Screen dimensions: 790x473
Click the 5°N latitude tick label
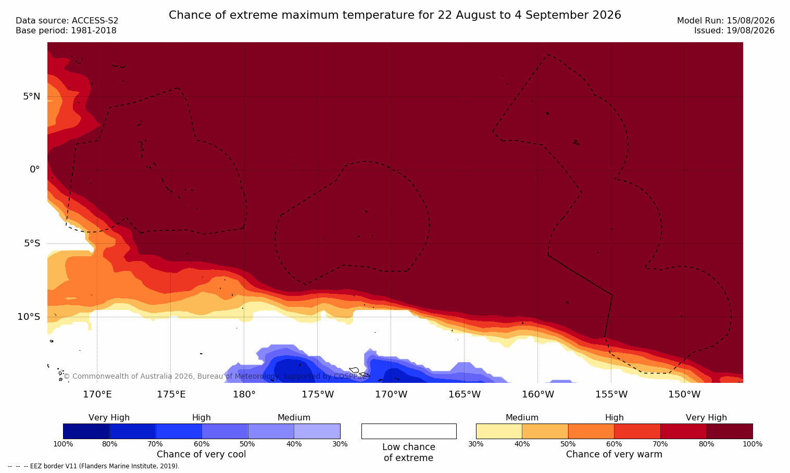pos(32,96)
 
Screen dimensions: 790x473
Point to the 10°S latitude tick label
pos(29,317)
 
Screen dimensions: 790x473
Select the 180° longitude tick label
pos(244,394)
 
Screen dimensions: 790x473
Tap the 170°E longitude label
pos(97,394)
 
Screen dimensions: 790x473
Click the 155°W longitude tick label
pos(611,394)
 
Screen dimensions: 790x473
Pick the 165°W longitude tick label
pos(465,394)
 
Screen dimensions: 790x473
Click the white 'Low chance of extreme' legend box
pos(409,431)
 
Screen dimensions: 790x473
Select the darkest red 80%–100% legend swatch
pos(730,431)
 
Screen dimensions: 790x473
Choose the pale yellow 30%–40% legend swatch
pos(499,431)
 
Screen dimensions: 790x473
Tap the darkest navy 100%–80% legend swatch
pos(86,431)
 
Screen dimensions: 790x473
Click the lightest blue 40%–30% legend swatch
pos(317,431)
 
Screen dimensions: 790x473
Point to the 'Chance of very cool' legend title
pos(202,454)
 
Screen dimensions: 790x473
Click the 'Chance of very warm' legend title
pos(614,454)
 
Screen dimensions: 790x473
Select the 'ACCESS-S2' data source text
pos(95,21)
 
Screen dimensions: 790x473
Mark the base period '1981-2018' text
pos(93,31)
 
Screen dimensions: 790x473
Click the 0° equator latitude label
pos(34,170)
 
